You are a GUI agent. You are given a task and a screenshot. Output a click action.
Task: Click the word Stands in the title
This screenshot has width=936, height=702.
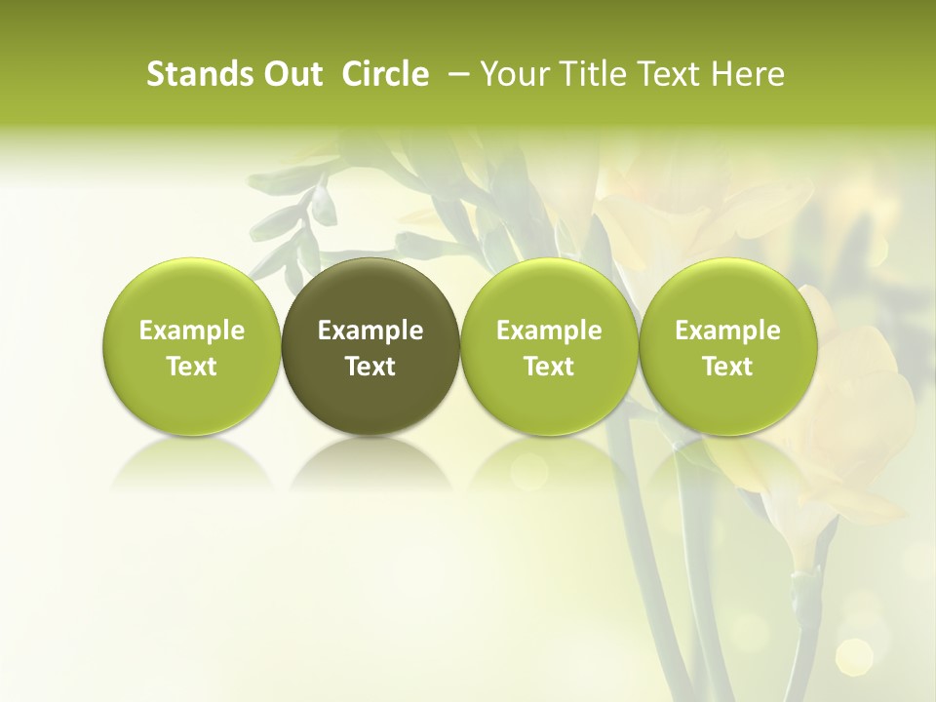click(191, 74)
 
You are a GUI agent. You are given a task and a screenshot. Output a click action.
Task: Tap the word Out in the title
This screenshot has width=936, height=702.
click(290, 74)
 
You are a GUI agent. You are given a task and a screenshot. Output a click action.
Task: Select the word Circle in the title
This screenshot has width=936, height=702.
click(385, 74)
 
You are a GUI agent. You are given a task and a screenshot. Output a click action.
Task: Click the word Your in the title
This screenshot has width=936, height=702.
click(513, 74)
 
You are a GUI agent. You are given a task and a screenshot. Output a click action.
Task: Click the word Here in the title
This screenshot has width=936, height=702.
click(748, 74)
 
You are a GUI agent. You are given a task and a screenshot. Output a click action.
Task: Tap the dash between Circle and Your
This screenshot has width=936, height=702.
click(454, 74)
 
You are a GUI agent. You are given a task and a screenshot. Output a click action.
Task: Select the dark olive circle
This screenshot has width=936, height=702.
click(370, 346)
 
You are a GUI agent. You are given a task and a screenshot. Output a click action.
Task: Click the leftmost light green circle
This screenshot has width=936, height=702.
click(191, 346)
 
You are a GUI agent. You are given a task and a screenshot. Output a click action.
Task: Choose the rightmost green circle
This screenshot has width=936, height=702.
click(727, 346)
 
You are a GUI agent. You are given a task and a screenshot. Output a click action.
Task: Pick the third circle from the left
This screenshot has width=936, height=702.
click(549, 346)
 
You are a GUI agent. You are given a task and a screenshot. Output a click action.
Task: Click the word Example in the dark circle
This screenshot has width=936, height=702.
click(370, 331)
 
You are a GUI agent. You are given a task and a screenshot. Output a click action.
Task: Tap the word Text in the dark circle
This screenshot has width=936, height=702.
click(370, 367)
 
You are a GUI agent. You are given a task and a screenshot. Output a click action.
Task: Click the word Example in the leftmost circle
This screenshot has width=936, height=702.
click(191, 331)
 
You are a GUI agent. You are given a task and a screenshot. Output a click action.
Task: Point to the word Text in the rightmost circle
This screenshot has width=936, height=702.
click(727, 367)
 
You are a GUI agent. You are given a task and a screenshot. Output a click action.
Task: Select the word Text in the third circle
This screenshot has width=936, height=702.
click(549, 367)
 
